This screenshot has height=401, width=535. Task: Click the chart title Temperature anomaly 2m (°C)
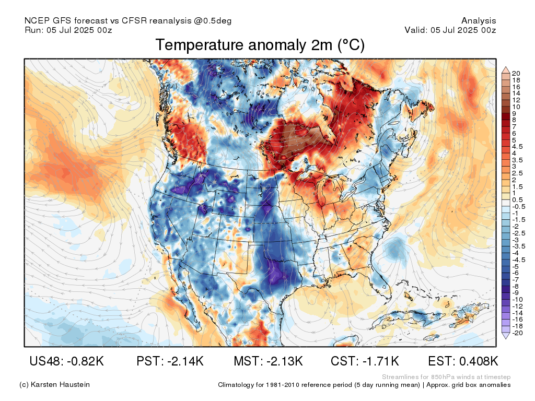(x=260, y=45)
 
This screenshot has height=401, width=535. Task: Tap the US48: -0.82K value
(x=66, y=361)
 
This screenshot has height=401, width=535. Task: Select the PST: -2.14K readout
(x=170, y=361)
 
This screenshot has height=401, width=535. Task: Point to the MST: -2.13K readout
(x=268, y=361)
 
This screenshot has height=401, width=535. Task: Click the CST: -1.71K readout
(x=365, y=361)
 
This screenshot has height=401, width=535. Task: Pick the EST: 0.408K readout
(x=463, y=361)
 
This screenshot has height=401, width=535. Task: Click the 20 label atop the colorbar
(x=516, y=73)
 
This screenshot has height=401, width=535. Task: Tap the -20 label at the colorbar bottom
(x=517, y=333)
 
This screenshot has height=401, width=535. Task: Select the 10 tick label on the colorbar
(x=516, y=107)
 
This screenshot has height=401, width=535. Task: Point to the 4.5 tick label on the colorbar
(x=517, y=147)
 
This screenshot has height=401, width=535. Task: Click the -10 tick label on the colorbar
(x=517, y=299)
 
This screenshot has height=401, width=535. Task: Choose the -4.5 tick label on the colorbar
(x=519, y=260)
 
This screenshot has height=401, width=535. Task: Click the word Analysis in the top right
(x=479, y=21)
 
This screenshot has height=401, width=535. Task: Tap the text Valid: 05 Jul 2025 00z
(x=450, y=30)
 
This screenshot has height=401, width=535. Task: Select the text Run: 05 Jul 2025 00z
(x=68, y=30)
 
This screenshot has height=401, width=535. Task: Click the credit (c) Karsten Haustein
(x=54, y=385)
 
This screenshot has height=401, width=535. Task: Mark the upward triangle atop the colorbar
(x=506, y=70)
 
